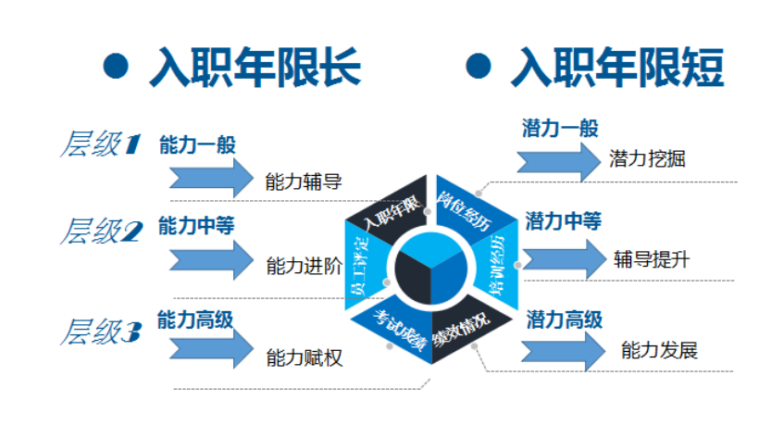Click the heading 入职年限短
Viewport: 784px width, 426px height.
click(x=617, y=68)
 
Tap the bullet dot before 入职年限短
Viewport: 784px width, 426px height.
click(x=478, y=66)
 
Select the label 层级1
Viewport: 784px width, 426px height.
click(x=100, y=144)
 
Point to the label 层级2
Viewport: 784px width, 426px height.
click(x=100, y=231)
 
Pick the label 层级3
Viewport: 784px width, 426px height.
click(x=100, y=332)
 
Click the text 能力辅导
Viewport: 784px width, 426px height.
click(x=304, y=181)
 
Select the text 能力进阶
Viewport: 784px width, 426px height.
click(x=304, y=266)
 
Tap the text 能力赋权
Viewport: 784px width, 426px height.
click(x=304, y=357)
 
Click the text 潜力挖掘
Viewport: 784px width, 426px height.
click(x=648, y=158)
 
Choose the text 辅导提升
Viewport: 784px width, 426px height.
click(x=651, y=258)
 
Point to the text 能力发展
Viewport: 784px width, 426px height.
click(x=659, y=350)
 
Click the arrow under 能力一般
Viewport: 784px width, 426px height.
click(x=211, y=175)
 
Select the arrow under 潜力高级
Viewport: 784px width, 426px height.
click(x=560, y=351)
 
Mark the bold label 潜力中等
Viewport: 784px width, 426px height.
click(x=564, y=221)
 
